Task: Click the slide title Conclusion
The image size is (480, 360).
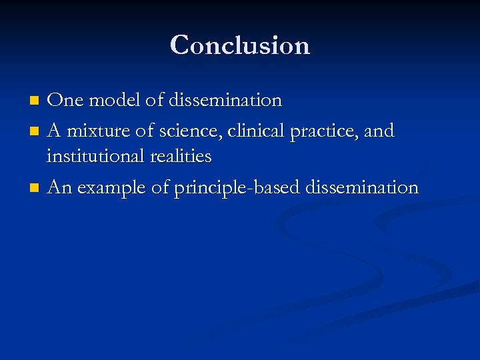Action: (240, 45)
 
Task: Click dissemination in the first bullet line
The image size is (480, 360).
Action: (225, 101)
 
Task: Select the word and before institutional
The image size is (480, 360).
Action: (380, 131)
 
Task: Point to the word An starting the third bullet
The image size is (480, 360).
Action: (60, 188)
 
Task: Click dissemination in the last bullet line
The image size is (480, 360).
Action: (362, 188)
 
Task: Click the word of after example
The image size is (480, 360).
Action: (160, 188)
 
